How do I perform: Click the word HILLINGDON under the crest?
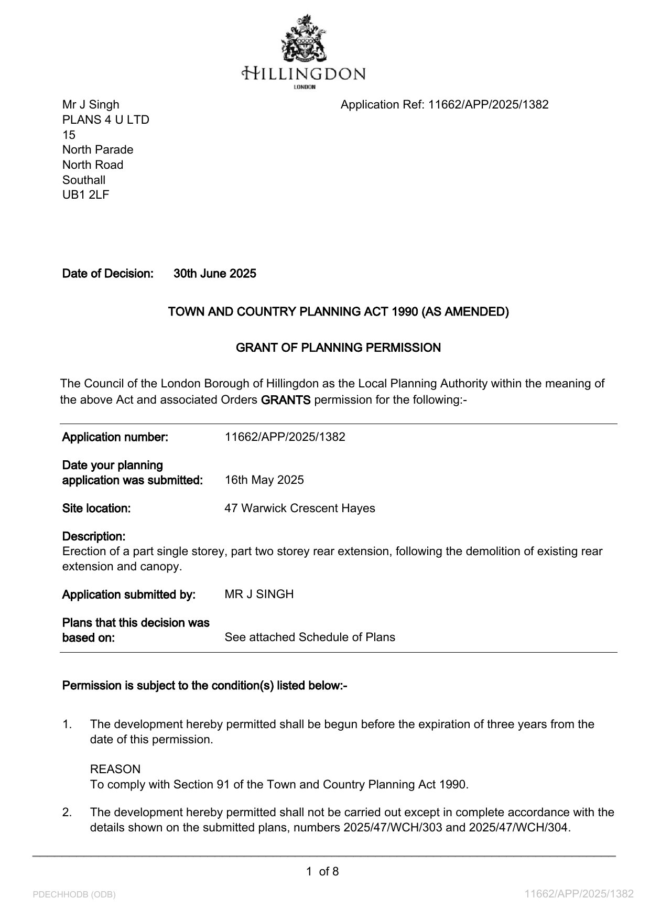304,73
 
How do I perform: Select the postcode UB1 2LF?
86,195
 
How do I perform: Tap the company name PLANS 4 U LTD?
106,120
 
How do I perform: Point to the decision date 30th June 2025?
215,274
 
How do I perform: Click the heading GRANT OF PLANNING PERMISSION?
338,348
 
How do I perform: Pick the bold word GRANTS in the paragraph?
286,400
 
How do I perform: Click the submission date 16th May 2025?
264,480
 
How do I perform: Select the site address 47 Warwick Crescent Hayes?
300,508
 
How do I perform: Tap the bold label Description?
94,537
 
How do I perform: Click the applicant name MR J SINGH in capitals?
259,594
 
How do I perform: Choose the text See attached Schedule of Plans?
310,637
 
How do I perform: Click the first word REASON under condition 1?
115,770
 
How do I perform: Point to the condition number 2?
67,813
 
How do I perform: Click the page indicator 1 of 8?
322,872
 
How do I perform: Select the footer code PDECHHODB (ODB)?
74,894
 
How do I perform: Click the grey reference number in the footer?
579,894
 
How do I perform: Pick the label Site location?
96,508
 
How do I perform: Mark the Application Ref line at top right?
445,105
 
